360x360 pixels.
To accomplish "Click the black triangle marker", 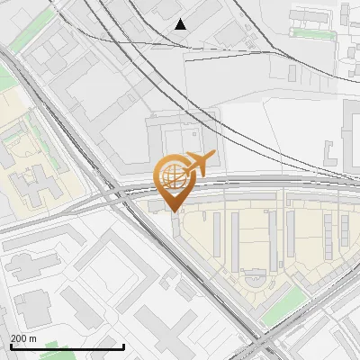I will click(181, 24).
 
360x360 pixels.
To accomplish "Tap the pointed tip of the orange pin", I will click(172, 211).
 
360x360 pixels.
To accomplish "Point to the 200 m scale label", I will click(23, 338).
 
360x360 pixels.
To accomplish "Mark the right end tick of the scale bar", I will click(123, 346).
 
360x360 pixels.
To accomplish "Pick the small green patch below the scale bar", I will click(54, 353).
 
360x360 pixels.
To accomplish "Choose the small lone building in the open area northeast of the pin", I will click(292, 73).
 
